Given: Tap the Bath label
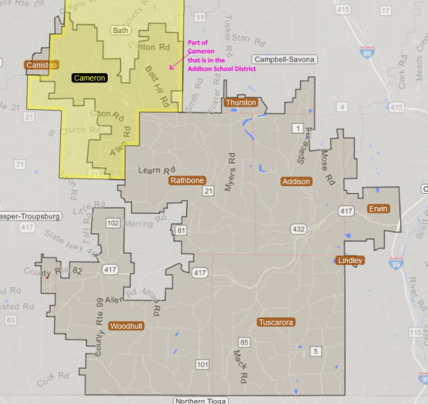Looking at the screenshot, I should [121, 31].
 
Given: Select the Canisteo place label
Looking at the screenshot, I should [41, 65].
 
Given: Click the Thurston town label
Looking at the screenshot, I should [240, 102].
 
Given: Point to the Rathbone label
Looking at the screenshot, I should [187, 180].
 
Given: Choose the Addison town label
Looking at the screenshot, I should [296, 182].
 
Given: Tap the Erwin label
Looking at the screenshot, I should [378, 209].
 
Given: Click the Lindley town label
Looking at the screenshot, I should [350, 261].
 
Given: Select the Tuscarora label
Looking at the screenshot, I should [276, 322].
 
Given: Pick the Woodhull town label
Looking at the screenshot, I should [125, 326].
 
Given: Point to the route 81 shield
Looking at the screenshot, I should [181, 230].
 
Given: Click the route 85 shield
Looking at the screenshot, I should [244, 342].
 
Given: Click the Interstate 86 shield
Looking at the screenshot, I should [369, 53].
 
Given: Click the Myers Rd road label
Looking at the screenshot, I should [229, 166].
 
